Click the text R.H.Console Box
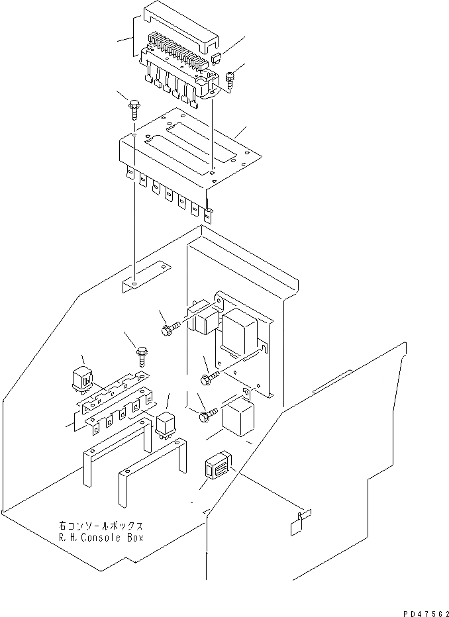tap(99, 537)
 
